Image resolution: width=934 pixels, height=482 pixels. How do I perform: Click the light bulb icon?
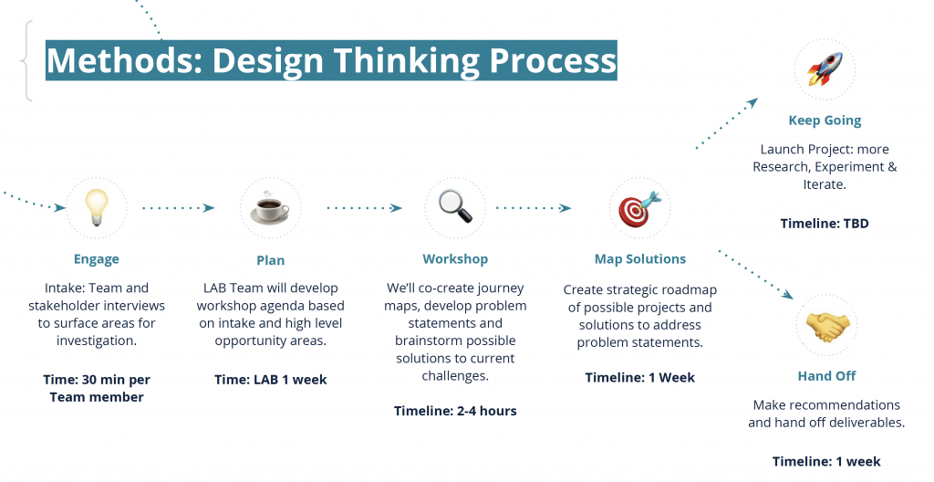(x=97, y=207)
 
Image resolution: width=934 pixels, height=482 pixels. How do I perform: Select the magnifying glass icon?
(x=455, y=206)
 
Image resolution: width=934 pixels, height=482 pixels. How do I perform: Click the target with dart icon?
(x=639, y=209)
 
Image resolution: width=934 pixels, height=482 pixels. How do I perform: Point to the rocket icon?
(x=825, y=68)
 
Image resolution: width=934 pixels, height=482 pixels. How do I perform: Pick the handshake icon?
(x=826, y=326)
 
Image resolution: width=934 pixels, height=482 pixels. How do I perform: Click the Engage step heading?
(x=97, y=259)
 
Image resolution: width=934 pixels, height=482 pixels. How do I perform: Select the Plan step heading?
(x=270, y=260)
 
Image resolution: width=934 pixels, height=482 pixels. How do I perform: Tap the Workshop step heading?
(x=455, y=259)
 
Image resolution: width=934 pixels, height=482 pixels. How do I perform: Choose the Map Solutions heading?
(x=640, y=259)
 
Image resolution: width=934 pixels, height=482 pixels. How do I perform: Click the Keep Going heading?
(x=825, y=120)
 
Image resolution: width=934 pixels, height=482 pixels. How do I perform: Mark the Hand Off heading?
(x=826, y=376)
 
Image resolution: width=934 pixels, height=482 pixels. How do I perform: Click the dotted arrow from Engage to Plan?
(x=178, y=207)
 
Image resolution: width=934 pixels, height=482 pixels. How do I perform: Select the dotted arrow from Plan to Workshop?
(x=364, y=207)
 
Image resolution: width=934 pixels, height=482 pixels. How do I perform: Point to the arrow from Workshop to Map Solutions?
(x=534, y=207)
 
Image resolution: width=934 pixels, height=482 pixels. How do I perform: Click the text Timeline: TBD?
(x=825, y=224)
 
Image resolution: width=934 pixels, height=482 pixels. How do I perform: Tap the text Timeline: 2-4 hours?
(x=455, y=411)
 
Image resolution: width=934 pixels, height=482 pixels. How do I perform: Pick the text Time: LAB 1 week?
(x=270, y=380)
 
